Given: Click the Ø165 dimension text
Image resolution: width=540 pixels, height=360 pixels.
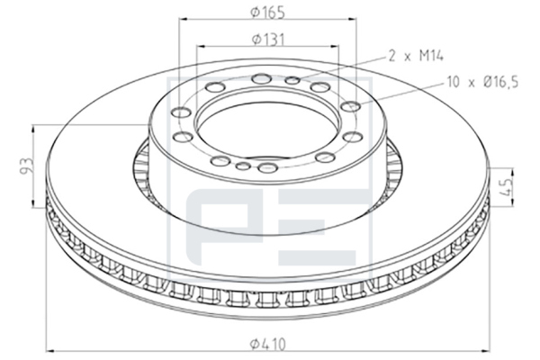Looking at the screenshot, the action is tap(268, 13).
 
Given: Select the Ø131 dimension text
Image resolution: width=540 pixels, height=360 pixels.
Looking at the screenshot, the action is tap(268, 40).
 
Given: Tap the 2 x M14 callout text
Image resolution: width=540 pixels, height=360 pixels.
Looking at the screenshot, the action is tap(416, 56).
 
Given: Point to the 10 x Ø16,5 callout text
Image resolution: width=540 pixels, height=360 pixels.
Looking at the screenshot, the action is tap(482, 82).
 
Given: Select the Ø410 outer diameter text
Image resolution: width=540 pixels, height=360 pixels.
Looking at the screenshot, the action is tap(268, 344).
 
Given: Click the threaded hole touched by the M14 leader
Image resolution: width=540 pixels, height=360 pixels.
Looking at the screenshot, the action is tap(293, 81).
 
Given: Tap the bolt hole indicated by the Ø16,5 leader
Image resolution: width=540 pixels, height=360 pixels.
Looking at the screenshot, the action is tap(351, 106).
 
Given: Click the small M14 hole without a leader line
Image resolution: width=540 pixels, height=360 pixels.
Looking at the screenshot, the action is tap(243, 166).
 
